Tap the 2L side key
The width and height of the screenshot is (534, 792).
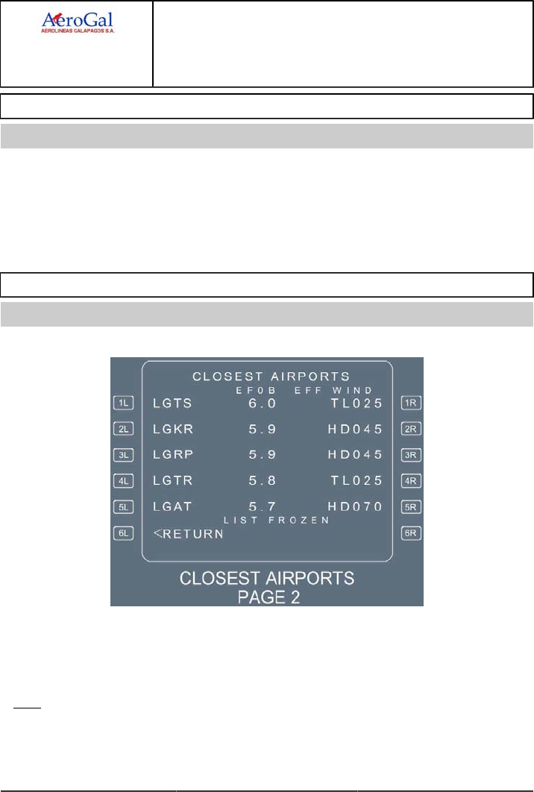point(123,429)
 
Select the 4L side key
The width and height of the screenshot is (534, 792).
point(123,481)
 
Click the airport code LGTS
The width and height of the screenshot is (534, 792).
point(173,403)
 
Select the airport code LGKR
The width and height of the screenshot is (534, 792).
point(173,430)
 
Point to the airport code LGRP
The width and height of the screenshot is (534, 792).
point(173,455)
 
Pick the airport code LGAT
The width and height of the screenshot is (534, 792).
point(173,507)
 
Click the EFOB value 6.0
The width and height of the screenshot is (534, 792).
point(263,403)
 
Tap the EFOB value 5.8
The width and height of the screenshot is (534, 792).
point(263,481)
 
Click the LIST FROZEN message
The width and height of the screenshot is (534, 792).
point(276,520)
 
